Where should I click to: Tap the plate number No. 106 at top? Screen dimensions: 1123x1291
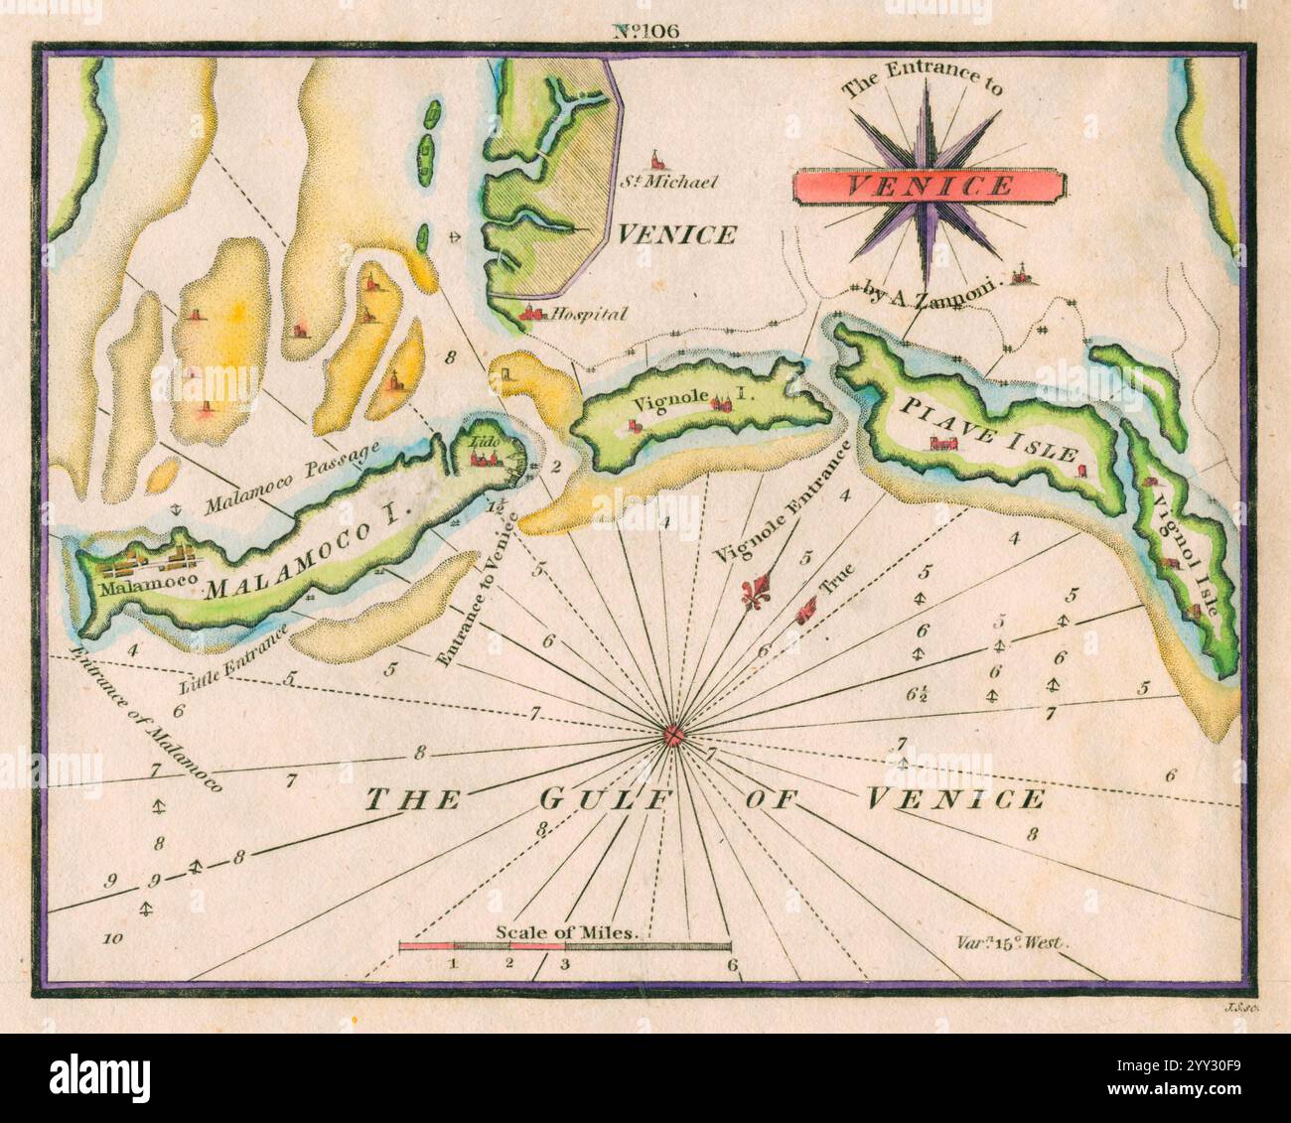tap(645, 30)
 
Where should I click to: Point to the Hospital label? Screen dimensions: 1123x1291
tap(588, 315)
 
